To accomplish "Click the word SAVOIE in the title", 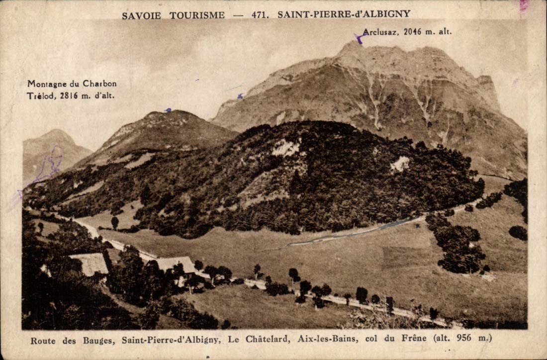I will pyautogui.click(x=141, y=15).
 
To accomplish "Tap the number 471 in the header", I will pyautogui.click(x=260, y=14).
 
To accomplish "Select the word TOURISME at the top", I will pyautogui.click(x=197, y=15).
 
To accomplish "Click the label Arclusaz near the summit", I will pyautogui.click(x=380, y=32).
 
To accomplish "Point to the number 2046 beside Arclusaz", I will pyautogui.click(x=412, y=32).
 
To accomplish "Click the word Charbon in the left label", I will pyautogui.click(x=101, y=84).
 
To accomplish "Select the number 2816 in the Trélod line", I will pyautogui.click(x=69, y=95).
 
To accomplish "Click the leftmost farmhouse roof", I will pyautogui.click(x=90, y=264).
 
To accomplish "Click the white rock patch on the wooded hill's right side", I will pyautogui.click(x=400, y=164).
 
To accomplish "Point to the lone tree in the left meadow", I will pyautogui.click(x=115, y=222).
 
